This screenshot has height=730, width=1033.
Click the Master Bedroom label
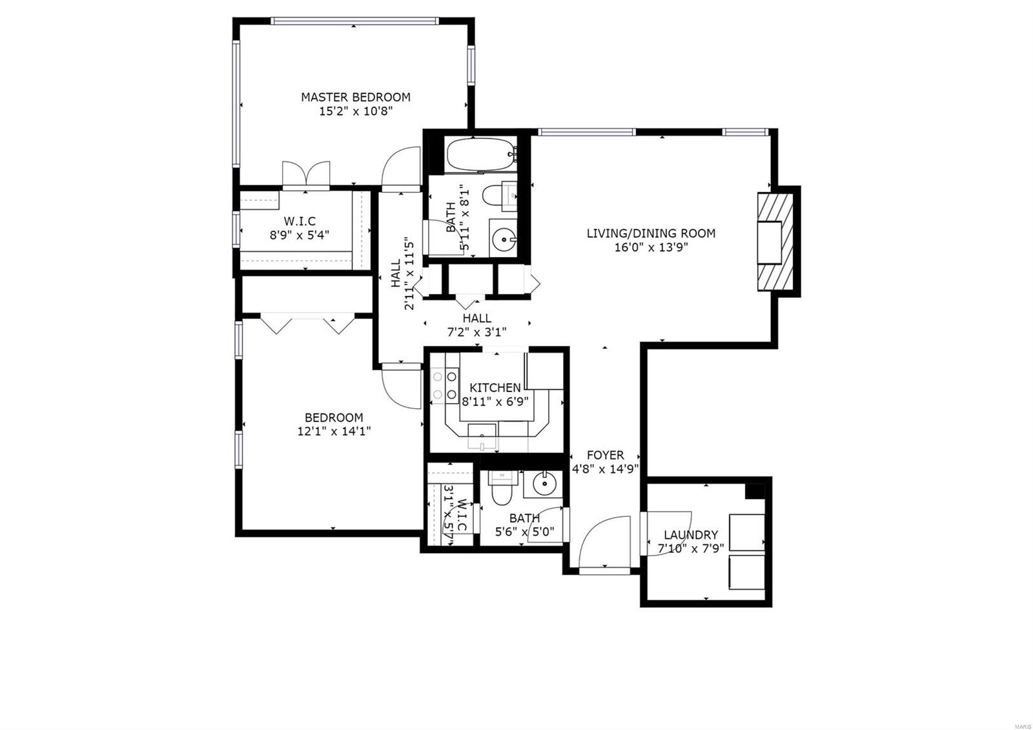tap(355, 97)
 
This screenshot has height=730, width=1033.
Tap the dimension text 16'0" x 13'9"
tap(650, 247)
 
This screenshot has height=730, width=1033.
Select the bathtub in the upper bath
tap(479, 155)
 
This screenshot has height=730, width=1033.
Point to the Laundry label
tap(691, 535)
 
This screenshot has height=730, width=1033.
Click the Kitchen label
tap(495, 388)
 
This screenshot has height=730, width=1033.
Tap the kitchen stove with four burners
tap(444, 385)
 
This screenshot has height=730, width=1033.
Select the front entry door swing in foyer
tap(604, 543)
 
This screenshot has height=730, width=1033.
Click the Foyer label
tap(605, 455)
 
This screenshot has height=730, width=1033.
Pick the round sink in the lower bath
tap(544, 482)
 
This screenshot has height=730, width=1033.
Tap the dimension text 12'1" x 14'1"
tap(334, 431)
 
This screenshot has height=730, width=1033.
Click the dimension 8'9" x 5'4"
tap(299, 235)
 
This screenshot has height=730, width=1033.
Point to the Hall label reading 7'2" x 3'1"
tap(476, 318)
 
